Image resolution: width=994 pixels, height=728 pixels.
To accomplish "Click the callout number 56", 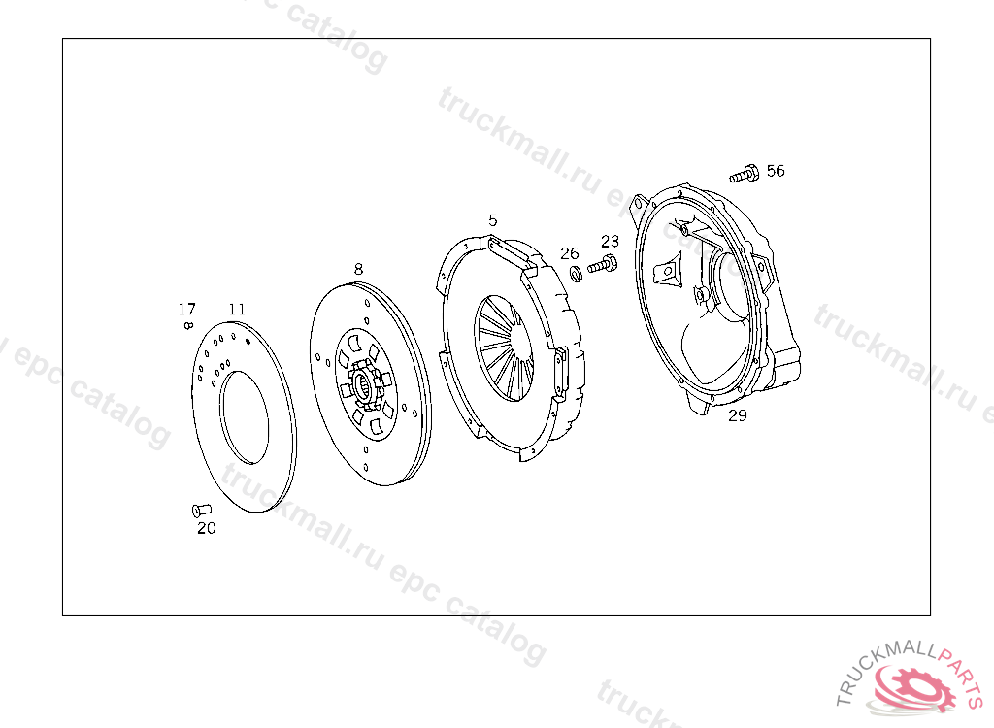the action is coord(776,171).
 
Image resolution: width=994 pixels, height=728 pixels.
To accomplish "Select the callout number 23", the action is coord(610,241).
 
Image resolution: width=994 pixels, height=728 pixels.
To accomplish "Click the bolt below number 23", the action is coord(602,264).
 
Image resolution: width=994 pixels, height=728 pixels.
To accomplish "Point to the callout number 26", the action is coord(569,253).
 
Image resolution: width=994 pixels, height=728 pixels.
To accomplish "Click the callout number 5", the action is coord(492,220).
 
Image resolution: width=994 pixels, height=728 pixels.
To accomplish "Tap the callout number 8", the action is coord(358,269).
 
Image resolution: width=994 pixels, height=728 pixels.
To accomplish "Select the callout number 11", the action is coord(237,309).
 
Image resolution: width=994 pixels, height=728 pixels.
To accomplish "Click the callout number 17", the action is coord(186,309).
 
